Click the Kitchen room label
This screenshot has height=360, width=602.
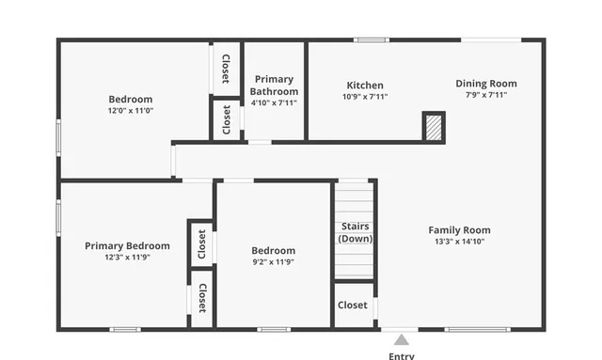tap(365, 85)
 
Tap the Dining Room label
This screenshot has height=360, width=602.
tap(485, 84)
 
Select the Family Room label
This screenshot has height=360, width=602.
tap(459, 230)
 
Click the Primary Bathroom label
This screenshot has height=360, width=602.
tap(274, 86)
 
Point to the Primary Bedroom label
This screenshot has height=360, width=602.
tap(127, 246)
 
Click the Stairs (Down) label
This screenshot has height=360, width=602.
tap(355, 232)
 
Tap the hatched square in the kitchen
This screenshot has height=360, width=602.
tap(433, 126)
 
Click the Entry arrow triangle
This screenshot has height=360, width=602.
tap(402, 339)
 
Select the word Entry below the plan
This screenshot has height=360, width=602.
tap(402, 355)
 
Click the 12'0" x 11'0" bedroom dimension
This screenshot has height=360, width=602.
tap(131, 110)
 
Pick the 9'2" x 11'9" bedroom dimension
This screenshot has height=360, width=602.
tap(273, 262)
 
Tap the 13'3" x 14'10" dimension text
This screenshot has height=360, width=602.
tap(459, 242)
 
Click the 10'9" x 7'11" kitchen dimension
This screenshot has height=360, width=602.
tap(365, 96)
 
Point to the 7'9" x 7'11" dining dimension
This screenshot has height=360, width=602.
tap(485, 95)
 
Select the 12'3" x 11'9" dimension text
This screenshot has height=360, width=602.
tap(127, 258)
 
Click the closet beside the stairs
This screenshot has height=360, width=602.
tap(353, 305)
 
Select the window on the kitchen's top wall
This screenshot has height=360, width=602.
tap(371, 39)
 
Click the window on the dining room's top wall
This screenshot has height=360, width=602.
tap(490, 39)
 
